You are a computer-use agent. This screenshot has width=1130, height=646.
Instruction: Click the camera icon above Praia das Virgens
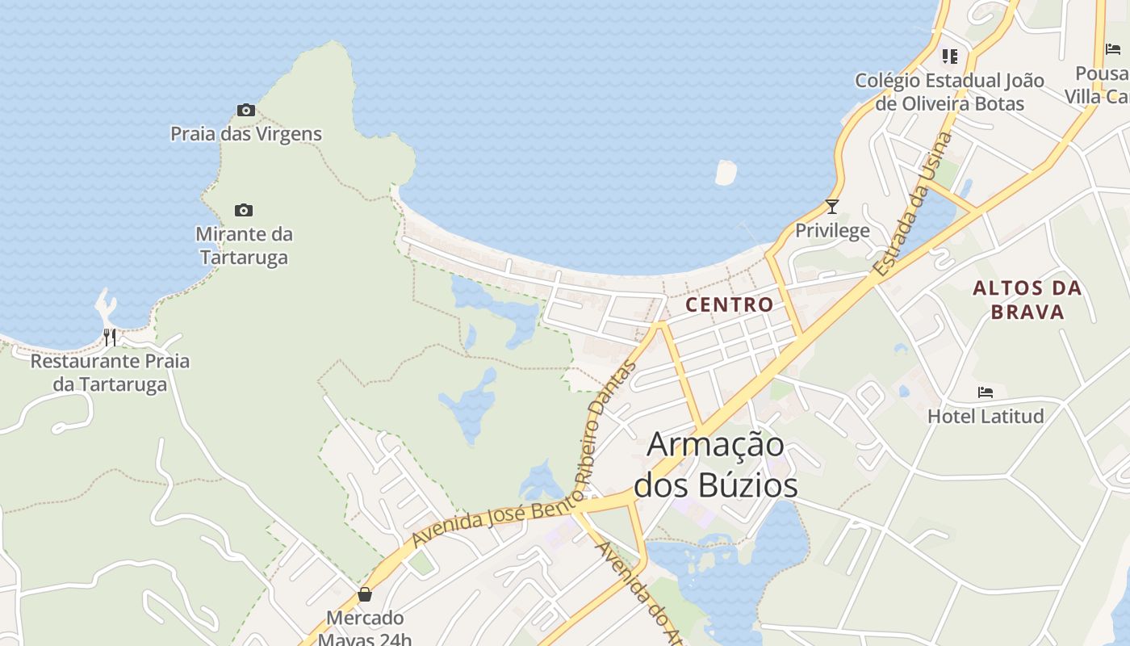tap(246, 110)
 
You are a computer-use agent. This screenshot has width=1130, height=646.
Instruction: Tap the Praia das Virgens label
tap(246, 134)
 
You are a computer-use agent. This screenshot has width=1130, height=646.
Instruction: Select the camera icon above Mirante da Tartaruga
tap(244, 211)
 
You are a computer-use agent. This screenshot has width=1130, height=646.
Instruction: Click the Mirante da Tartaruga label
tap(244, 245)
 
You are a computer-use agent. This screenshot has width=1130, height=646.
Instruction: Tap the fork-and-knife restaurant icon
tap(110, 337)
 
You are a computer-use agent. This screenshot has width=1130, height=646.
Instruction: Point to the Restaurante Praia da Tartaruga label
tap(110, 372)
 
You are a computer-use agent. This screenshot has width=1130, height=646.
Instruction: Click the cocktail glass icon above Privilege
tap(832, 206)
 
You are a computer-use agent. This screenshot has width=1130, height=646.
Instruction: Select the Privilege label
tap(832, 231)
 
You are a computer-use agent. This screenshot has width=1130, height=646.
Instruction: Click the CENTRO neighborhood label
tap(729, 304)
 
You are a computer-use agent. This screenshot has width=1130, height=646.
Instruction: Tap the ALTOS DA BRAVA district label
tap(1027, 300)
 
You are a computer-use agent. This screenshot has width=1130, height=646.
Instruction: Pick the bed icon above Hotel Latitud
tap(986, 392)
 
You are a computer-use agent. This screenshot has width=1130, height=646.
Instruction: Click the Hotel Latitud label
tap(986, 417)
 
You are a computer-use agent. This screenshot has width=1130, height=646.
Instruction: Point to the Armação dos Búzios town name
tap(716, 465)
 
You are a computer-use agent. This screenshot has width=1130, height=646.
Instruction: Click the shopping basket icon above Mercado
tap(365, 594)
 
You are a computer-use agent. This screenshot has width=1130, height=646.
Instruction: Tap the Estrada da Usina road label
tap(914, 205)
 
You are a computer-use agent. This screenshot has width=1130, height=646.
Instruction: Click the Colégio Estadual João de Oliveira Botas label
tap(950, 92)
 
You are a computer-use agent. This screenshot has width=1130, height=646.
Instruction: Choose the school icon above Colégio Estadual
tap(950, 57)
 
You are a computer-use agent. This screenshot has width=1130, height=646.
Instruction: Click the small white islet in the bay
tap(726, 172)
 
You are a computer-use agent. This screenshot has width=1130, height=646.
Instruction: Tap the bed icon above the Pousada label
tap(1113, 48)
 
